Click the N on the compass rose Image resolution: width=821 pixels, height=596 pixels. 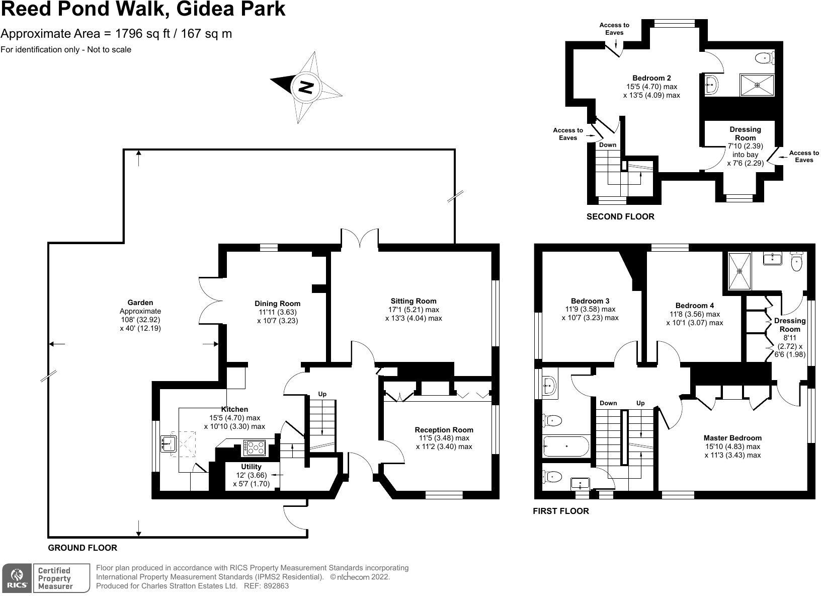(306, 88)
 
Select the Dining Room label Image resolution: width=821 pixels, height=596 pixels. (277, 304)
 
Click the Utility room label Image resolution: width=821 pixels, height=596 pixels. (251, 467)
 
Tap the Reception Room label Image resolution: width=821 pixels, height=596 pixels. (444, 430)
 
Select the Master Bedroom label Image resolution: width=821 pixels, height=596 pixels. (732, 438)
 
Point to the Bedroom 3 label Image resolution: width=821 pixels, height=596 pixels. (590, 301)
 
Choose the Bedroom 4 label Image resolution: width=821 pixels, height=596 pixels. (694, 306)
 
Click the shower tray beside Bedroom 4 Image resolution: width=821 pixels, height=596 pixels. (740, 271)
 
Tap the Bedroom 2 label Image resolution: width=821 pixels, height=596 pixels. (651, 78)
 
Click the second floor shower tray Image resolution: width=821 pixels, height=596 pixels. (757, 85)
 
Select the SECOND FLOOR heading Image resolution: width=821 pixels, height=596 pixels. (620, 217)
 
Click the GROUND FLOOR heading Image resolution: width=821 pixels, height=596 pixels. (83, 548)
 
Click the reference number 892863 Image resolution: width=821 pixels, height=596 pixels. (276, 586)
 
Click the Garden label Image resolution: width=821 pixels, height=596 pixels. (140, 303)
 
